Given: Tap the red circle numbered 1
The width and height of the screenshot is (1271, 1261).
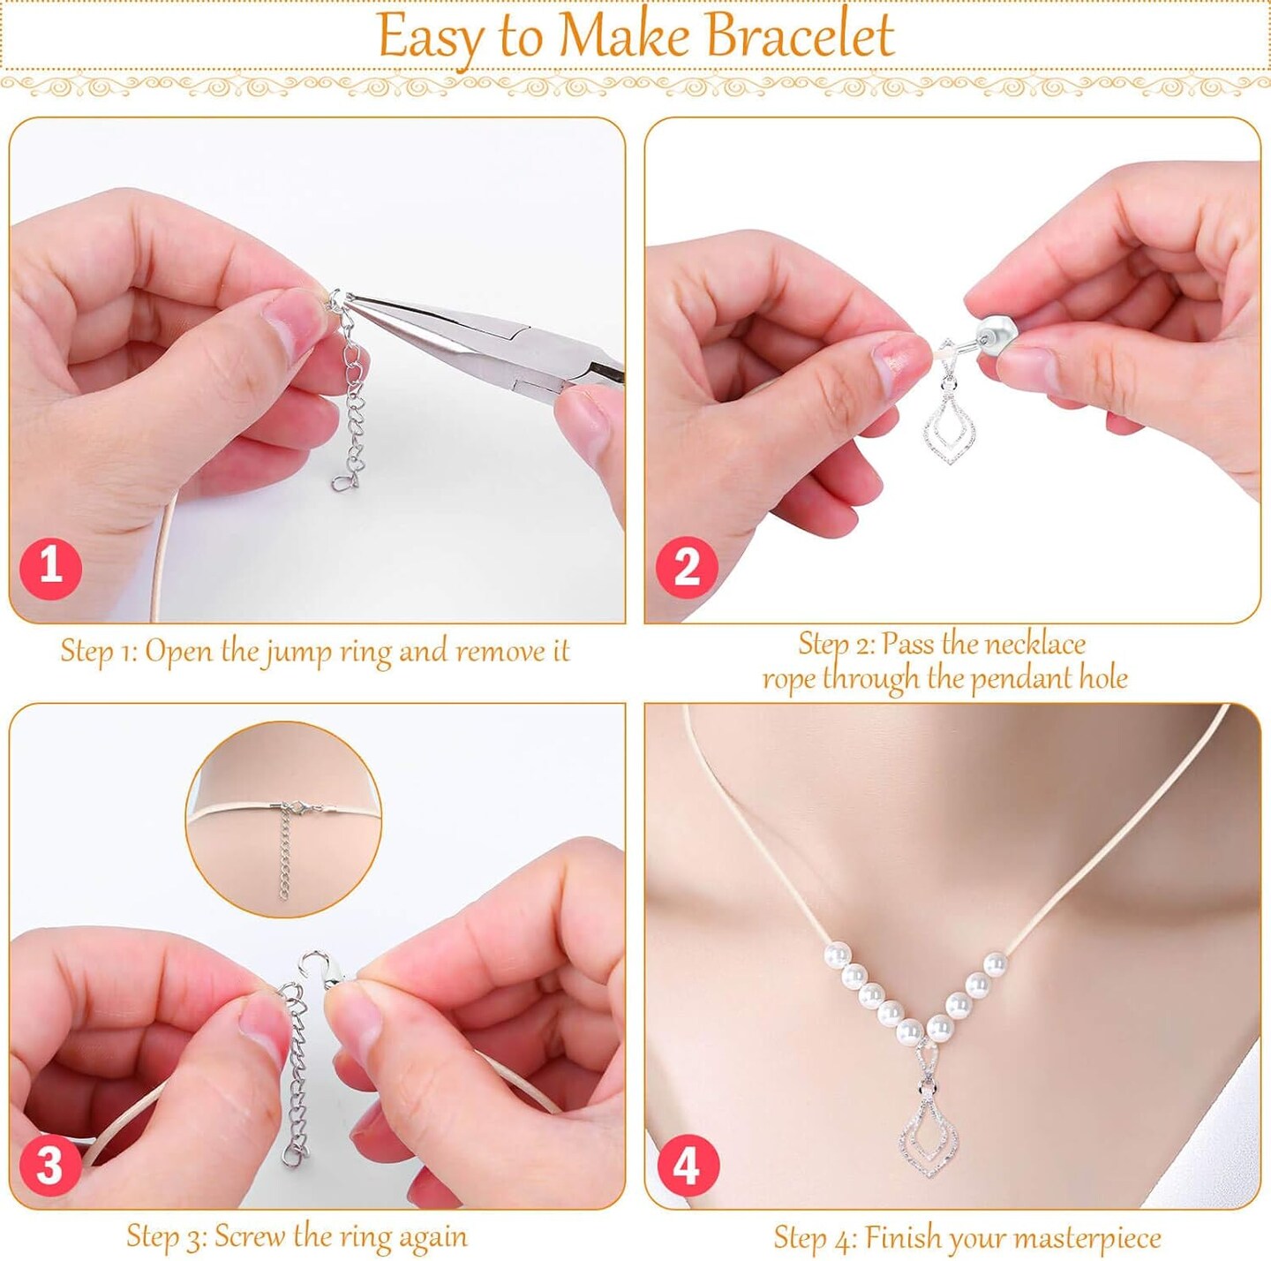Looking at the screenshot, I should coord(50,565).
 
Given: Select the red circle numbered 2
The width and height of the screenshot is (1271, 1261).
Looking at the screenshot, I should coord(686,566).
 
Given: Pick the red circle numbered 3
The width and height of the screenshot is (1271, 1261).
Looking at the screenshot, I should coord(49,1167).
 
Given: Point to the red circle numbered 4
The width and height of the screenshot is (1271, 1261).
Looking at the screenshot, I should coord(688,1167).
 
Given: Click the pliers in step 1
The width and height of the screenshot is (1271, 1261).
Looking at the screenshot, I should coord(494,340).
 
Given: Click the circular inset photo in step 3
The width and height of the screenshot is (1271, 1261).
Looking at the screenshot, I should coord(283,819).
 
